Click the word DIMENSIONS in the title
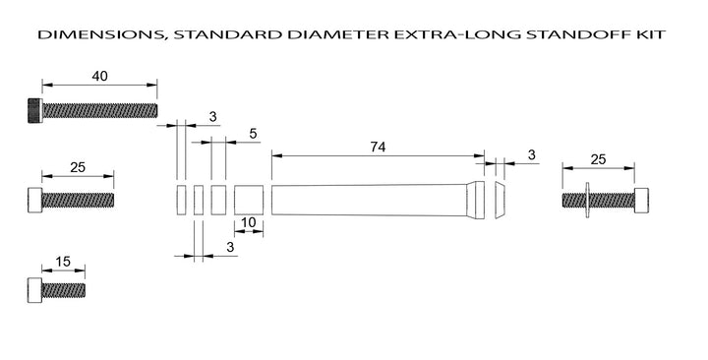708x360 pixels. coord(100,34)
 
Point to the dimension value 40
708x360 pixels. coord(99,76)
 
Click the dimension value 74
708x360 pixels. coord(378,147)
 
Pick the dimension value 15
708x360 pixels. coord(63,262)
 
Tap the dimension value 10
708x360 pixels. coord(249,222)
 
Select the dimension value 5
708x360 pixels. coord(253,134)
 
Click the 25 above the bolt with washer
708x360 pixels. coord(598,159)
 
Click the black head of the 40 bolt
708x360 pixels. coord(35,111)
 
